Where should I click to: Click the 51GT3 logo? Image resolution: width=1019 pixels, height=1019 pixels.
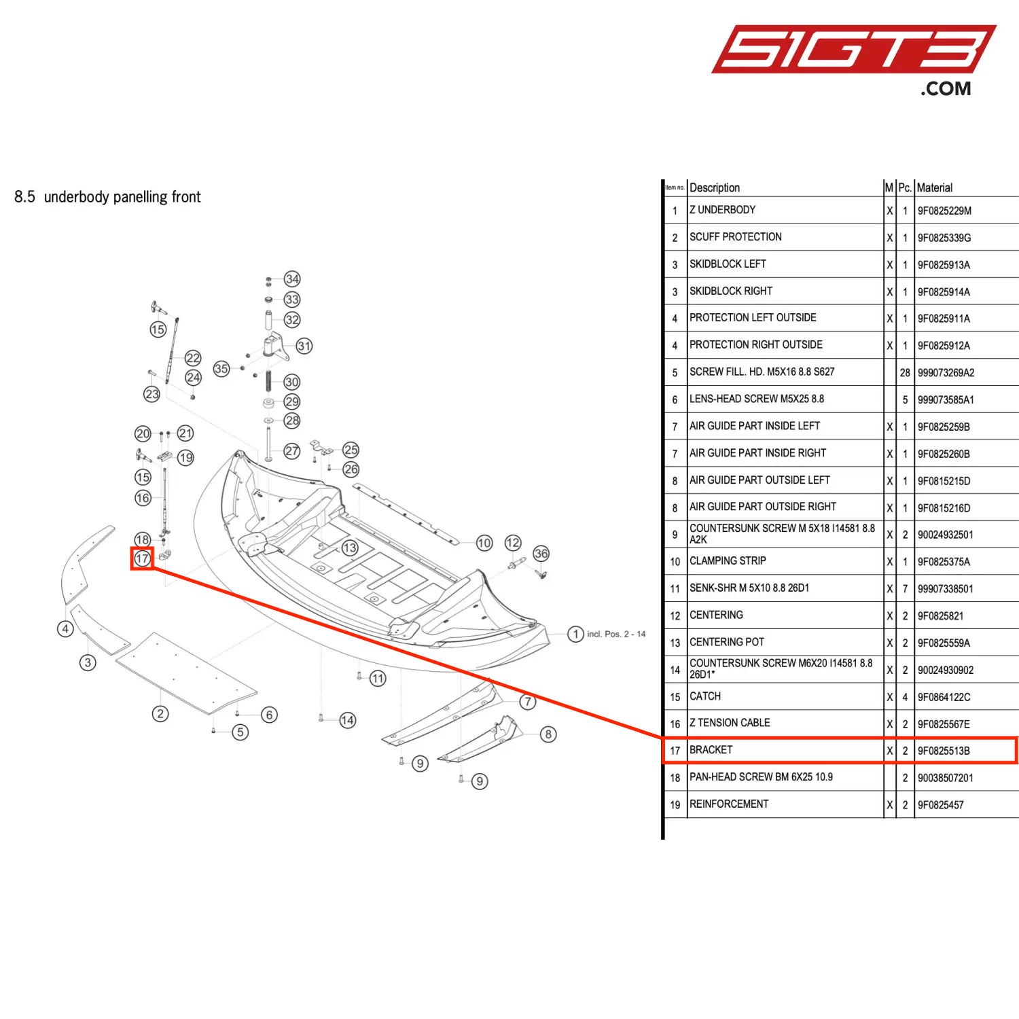coord(853,50)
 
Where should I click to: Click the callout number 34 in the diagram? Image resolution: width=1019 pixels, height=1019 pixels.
coord(292,279)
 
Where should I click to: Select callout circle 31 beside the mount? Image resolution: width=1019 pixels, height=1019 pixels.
coord(304,346)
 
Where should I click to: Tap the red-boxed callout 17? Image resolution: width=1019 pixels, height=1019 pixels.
coord(142,558)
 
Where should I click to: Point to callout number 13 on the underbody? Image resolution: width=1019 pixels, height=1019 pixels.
coord(349,548)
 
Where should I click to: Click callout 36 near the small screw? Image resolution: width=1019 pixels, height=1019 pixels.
coord(541,554)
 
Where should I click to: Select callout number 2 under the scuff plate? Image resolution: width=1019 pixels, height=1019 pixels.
coord(160,713)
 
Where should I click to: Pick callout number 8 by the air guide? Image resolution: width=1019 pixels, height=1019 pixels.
coord(548,734)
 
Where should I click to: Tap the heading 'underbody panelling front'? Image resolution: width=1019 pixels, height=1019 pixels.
coord(122,197)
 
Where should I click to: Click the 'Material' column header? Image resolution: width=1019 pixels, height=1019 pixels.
coord(935,187)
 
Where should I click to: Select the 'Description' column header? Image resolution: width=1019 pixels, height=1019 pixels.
coord(715,187)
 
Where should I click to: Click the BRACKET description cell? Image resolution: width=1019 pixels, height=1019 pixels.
coord(711,750)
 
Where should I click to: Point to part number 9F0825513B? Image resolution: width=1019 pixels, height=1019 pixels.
coord(944,751)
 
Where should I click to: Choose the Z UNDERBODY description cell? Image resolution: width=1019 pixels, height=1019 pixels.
coord(723,210)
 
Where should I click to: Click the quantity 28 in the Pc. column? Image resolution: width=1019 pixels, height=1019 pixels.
coord(905,373)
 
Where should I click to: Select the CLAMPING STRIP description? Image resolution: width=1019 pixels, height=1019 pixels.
coord(728,561)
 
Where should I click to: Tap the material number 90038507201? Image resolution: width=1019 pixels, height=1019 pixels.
coord(946,778)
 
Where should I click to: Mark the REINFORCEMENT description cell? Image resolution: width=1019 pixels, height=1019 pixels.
coord(729,804)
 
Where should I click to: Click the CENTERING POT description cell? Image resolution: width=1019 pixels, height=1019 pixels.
coord(727,642)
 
